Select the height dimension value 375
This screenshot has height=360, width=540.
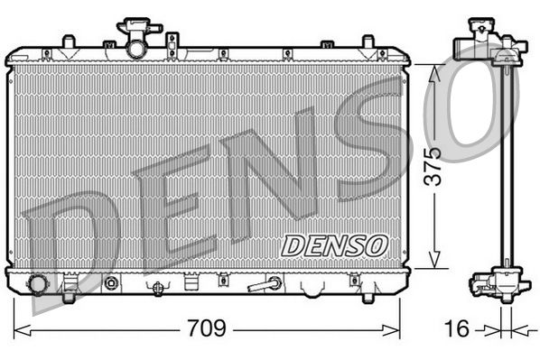click(x=436, y=165)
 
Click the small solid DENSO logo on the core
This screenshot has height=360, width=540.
click(x=335, y=244)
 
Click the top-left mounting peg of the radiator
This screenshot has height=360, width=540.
click(x=68, y=42)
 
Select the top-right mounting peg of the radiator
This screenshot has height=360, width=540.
click(x=368, y=42)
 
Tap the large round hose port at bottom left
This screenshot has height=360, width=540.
click(x=38, y=284)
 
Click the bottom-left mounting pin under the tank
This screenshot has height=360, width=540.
click(x=69, y=293)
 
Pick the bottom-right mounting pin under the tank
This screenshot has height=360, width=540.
click(x=368, y=294)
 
